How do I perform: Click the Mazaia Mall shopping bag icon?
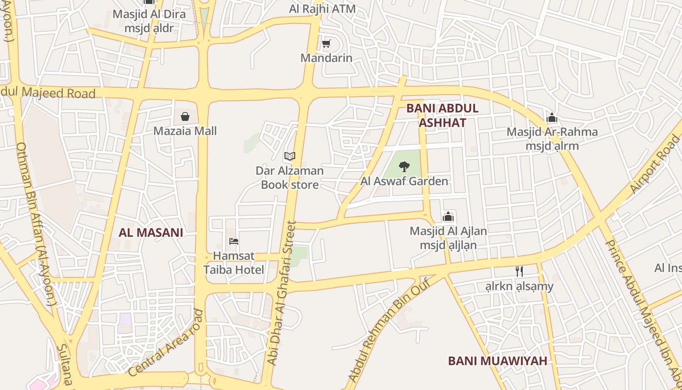[x=185, y=117]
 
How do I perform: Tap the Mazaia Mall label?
[x=185, y=131]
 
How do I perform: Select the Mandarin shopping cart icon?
[x=326, y=44]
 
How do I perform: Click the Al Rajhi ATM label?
[x=322, y=9]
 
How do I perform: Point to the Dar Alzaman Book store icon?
[x=290, y=156]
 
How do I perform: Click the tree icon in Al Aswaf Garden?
[x=404, y=167]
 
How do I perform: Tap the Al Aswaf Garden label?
[x=404, y=182]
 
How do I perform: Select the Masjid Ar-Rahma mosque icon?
[x=552, y=117]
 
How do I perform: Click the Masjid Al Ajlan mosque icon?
[x=448, y=216]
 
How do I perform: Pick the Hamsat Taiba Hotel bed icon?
[x=234, y=241]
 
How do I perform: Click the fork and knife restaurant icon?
[x=519, y=272]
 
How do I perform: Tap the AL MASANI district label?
[x=151, y=233]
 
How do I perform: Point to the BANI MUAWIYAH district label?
[x=497, y=361]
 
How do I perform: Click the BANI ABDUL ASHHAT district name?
[x=442, y=116]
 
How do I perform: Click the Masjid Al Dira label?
[x=149, y=14]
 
